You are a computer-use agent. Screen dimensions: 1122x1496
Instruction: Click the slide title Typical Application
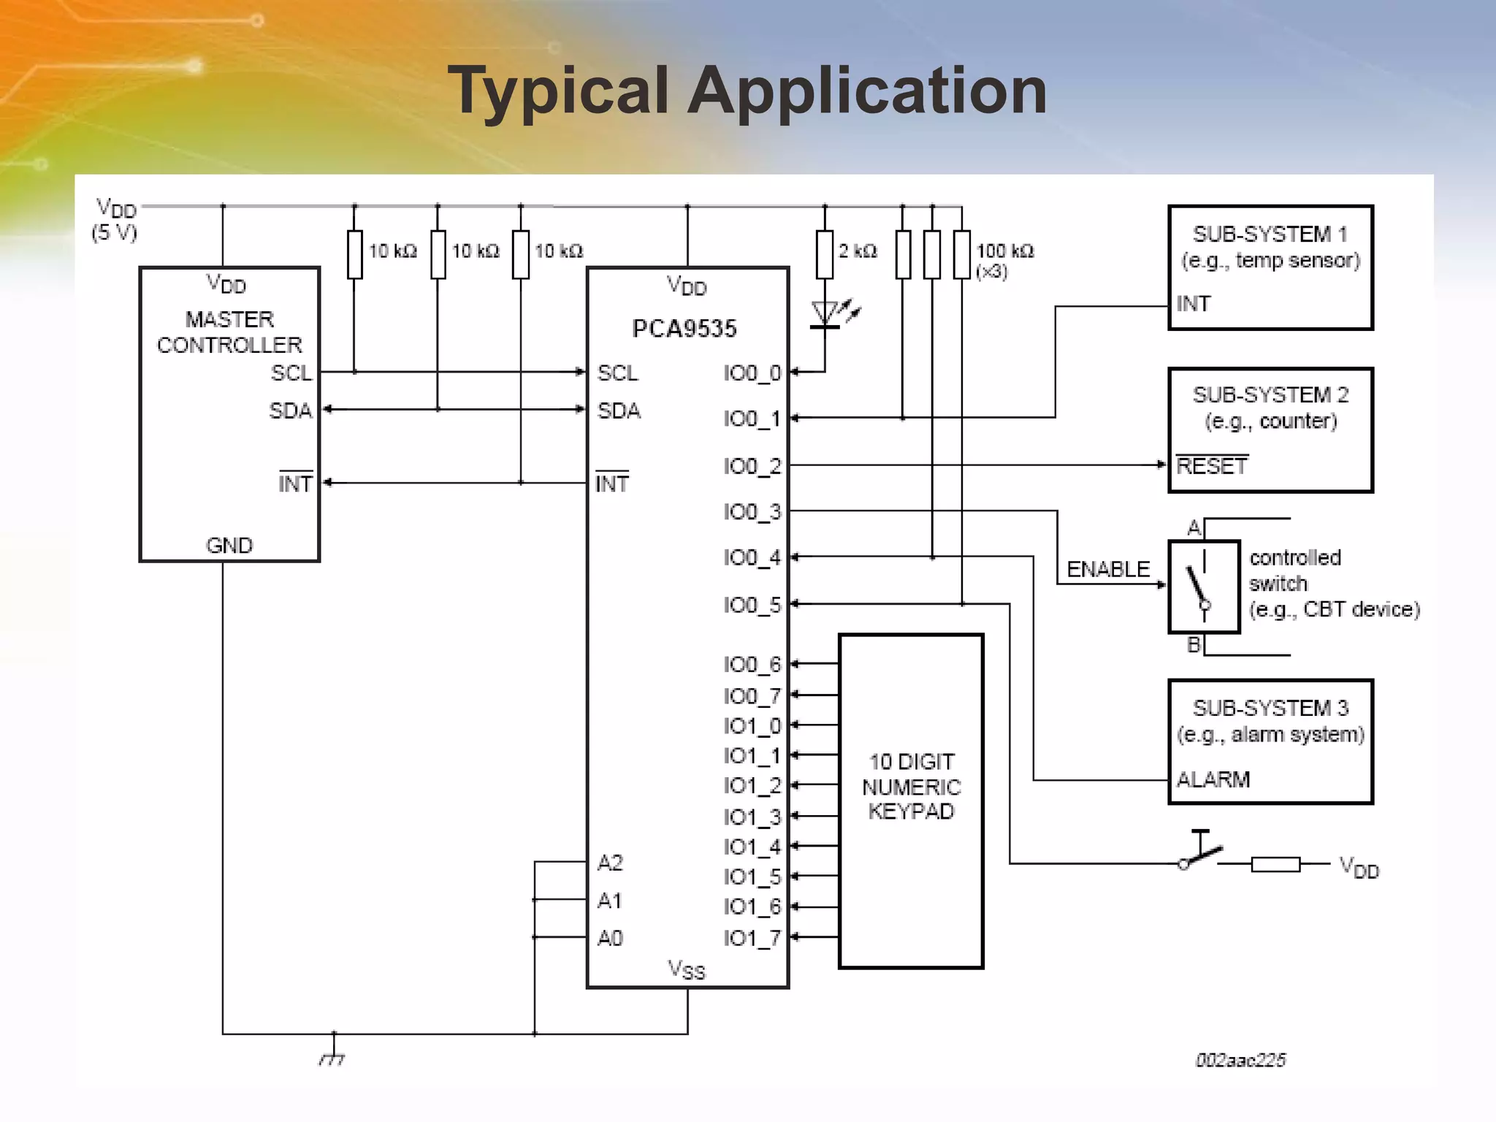(x=747, y=91)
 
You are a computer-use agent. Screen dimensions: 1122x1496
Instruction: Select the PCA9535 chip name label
(x=684, y=329)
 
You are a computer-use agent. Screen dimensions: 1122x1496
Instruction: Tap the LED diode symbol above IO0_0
(x=825, y=315)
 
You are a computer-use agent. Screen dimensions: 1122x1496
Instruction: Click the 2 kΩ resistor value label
(x=858, y=251)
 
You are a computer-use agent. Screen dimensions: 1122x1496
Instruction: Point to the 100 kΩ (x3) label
(x=1004, y=259)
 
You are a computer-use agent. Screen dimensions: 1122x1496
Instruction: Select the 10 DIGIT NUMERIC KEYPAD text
(x=911, y=787)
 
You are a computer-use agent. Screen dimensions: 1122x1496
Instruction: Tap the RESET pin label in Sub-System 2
(x=1211, y=466)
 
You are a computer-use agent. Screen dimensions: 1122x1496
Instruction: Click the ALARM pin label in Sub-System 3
(x=1213, y=779)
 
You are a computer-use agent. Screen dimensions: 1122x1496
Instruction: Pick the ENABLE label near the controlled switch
(x=1107, y=569)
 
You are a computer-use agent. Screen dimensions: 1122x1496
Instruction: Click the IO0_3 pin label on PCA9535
(x=752, y=512)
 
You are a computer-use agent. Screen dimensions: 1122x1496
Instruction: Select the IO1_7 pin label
(x=752, y=938)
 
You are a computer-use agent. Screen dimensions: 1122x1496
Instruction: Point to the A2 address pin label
(x=610, y=863)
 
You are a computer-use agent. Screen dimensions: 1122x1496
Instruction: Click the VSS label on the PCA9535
(x=686, y=970)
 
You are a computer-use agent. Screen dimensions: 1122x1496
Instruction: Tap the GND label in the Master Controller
(x=229, y=546)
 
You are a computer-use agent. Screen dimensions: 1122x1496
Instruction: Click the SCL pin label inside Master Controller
(x=291, y=373)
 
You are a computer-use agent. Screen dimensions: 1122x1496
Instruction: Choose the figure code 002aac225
(x=1240, y=1060)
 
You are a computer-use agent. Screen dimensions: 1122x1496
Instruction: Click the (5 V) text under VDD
(x=114, y=233)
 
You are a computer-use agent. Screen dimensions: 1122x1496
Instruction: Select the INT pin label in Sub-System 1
(x=1193, y=304)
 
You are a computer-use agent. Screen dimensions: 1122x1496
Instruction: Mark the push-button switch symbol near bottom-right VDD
(x=1200, y=853)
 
